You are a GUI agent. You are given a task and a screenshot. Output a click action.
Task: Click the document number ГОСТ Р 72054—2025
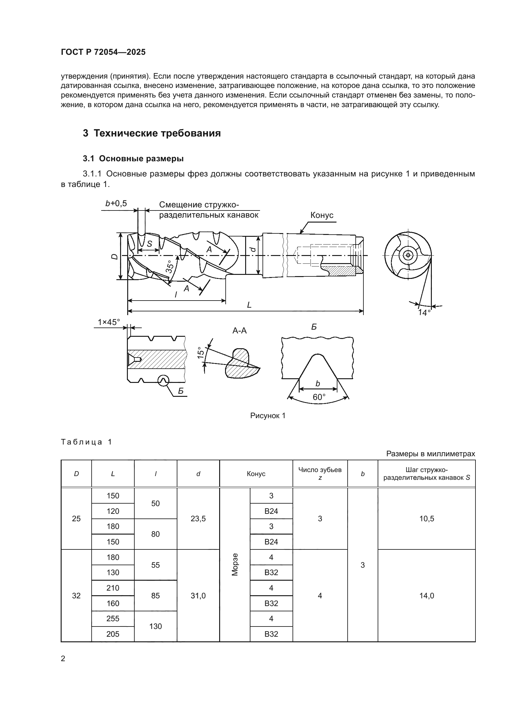103,52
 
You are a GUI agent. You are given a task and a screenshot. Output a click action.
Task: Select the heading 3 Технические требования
152,133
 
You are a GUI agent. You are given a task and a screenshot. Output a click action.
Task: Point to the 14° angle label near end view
424,313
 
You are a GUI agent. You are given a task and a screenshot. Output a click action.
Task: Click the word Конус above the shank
322,215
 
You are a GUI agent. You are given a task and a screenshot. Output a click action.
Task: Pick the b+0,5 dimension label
116,204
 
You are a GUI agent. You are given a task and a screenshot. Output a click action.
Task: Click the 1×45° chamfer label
109,322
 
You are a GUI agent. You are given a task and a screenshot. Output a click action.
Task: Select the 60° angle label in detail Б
319,397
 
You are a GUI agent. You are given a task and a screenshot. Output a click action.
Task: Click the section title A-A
239,331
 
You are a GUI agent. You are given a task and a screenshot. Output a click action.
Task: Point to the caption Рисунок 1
268,416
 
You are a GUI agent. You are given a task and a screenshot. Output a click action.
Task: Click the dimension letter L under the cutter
249,305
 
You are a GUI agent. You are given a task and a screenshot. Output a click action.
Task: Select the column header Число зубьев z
320,473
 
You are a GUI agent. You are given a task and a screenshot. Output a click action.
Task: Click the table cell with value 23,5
198,519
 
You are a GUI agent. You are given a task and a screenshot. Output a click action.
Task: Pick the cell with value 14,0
426,596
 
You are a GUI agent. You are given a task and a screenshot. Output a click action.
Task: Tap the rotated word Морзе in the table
235,565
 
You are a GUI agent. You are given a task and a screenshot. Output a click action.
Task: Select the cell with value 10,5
426,519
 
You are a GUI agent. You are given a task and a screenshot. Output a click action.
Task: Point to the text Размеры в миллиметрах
430,454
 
